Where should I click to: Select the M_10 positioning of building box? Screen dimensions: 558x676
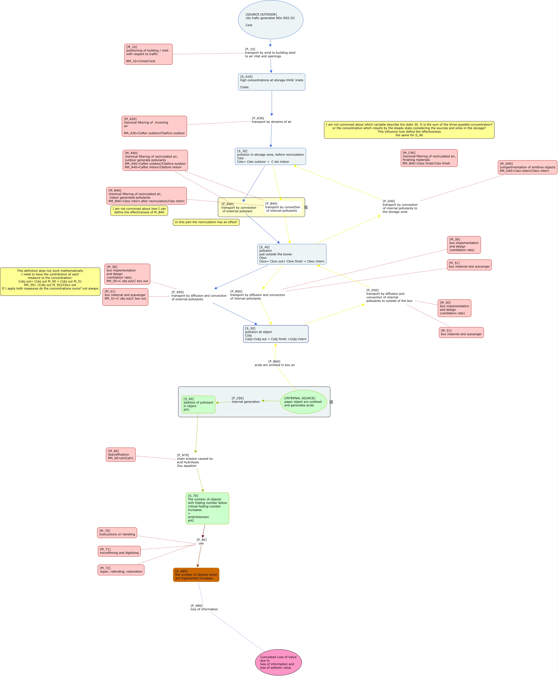148,54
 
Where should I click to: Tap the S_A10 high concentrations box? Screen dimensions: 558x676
272,82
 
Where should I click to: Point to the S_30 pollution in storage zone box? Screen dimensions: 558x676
270,156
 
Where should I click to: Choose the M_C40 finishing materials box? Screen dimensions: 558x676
429,158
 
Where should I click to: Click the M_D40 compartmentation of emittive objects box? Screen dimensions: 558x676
527,167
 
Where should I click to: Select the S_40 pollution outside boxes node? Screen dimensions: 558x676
291,254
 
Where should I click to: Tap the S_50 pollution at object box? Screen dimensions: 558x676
275,334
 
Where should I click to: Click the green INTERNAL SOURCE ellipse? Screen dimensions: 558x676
303,402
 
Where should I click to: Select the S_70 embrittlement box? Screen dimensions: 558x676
207,508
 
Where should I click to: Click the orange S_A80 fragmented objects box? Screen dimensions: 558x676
196,575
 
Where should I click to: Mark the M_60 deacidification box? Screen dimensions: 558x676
121,454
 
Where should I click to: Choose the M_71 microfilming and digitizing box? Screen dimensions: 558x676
119,551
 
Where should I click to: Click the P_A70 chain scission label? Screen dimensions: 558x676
195,460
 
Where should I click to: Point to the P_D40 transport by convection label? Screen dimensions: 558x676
400,207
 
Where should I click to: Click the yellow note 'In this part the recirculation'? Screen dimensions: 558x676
206,222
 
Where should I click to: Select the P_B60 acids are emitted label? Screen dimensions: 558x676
275,363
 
